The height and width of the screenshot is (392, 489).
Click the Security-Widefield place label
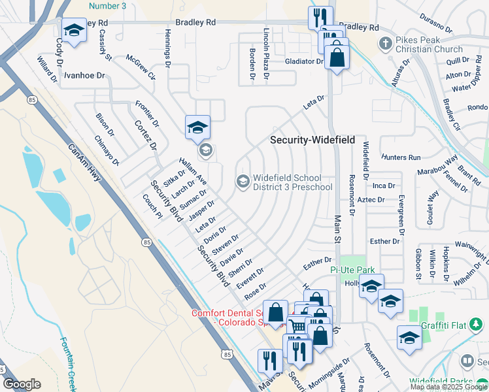click(313, 140)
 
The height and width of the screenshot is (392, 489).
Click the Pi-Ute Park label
click(352, 269)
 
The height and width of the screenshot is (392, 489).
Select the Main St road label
click(338, 231)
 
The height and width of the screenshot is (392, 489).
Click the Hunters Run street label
click(402, 157)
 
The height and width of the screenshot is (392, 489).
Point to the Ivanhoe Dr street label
click(84, 76)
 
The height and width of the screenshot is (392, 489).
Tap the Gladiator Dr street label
click(305, 61)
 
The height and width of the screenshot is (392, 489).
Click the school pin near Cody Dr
click(74, 30)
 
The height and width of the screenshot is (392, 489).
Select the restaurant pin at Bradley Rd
click(320, 18)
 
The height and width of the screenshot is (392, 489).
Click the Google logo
click(22, 384)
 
